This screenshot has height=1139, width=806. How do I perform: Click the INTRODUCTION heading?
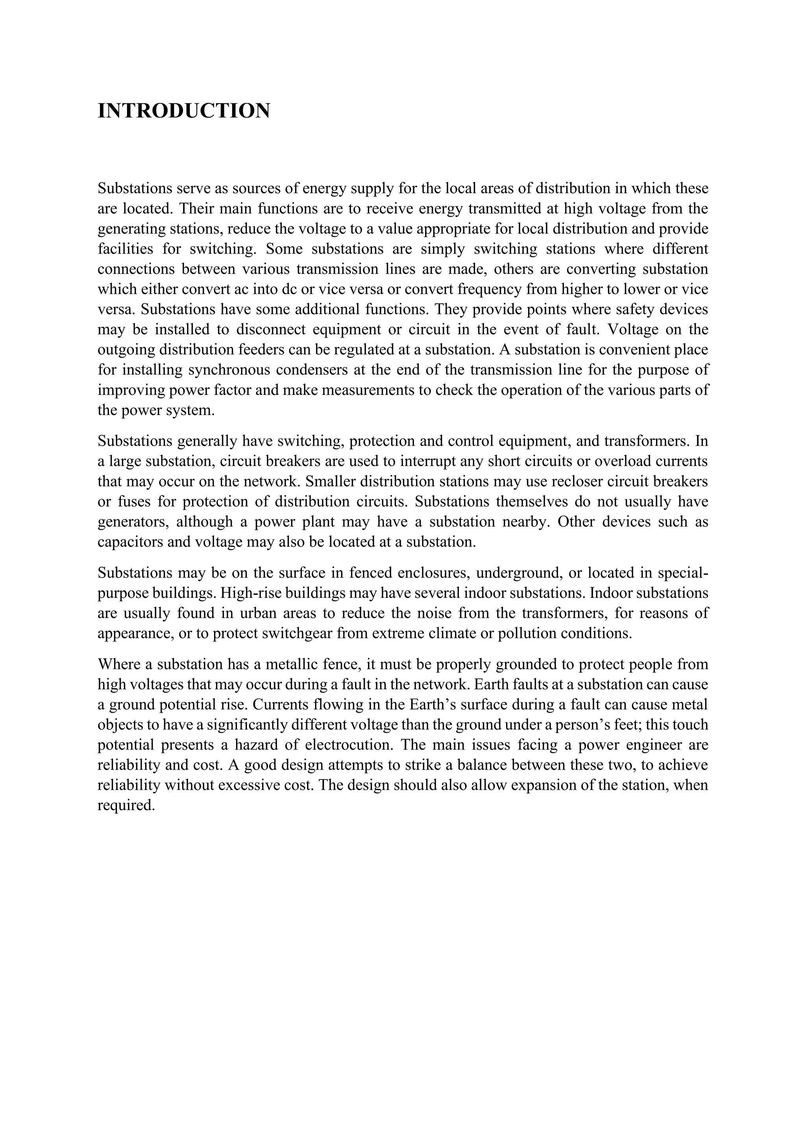coord(184,110)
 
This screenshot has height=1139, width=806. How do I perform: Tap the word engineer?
coord(653,745)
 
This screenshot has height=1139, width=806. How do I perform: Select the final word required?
coord(127,805)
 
